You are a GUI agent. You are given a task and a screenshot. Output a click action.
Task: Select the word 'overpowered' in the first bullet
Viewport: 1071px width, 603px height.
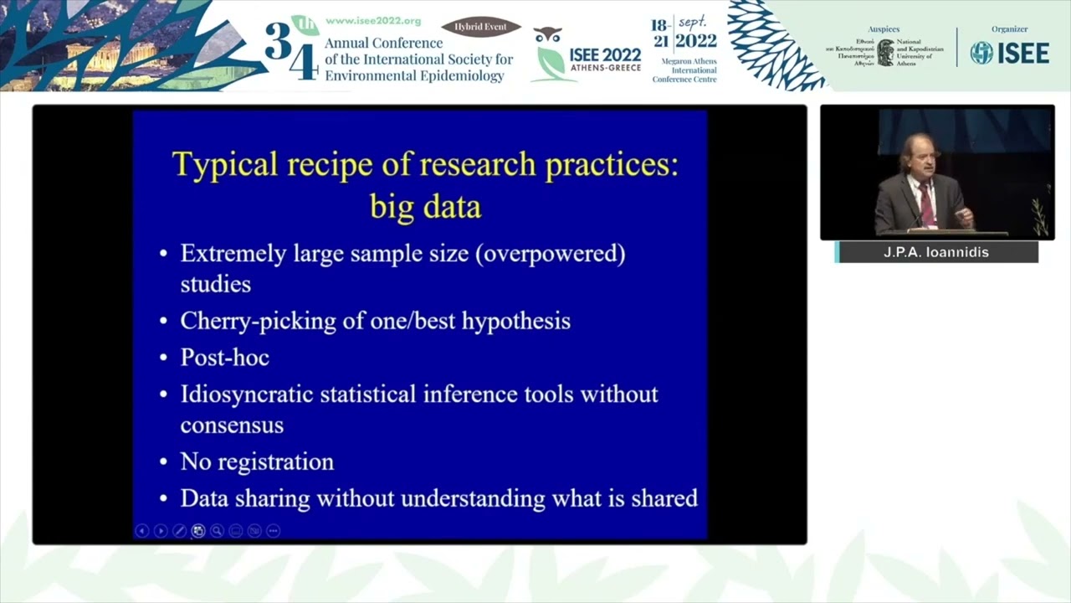coord(550,254)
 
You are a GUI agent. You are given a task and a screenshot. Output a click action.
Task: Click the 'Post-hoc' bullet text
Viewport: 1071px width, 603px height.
coord(224,358)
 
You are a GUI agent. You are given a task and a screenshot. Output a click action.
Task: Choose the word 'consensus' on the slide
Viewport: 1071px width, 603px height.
coord(232,425)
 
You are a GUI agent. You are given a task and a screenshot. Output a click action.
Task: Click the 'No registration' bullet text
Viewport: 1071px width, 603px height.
coord(257,461)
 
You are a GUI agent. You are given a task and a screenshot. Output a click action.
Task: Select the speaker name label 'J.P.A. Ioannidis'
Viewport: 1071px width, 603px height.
coord(936,252)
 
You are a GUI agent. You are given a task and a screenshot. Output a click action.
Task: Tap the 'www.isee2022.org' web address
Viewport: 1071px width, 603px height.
coord(372,21)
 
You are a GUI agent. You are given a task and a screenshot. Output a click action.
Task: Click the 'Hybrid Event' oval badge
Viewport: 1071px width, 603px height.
coord(481,27)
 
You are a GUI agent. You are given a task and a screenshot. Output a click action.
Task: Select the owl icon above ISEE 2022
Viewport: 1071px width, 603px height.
coord(547,35)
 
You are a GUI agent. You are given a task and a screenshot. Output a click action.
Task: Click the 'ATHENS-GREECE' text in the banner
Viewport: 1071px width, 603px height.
coord(605,68)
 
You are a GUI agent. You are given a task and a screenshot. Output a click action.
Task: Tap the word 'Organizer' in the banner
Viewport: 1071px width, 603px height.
coord(1009,29)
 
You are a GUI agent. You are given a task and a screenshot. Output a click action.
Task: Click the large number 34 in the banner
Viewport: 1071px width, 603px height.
coord(291,50)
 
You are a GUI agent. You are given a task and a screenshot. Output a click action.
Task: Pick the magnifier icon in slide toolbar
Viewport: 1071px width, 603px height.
coord(217,530)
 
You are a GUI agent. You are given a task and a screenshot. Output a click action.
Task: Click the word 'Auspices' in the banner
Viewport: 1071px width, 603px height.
coord(884,29)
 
